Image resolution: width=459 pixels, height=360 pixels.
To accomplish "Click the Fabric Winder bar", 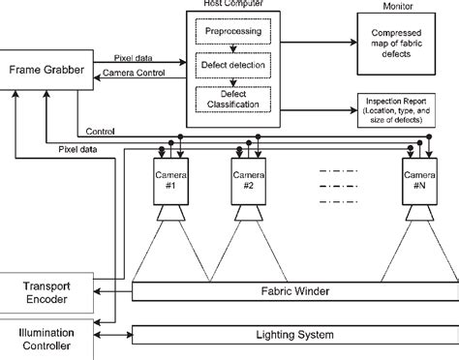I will pyautogui.click(x=291, y=288).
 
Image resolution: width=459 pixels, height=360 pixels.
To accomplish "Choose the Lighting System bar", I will pyautogui.click(x=291, y=336).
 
